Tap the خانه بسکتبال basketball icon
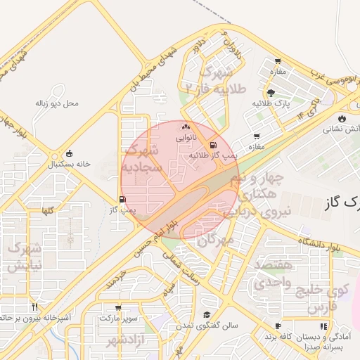[x=69, y=153]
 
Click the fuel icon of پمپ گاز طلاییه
[x=213, y=146]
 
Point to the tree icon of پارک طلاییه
[x=271, y=93]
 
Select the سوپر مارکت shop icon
[x=118, y=307]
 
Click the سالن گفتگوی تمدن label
[x=207, y=326]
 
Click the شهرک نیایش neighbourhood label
[x=25, y=257]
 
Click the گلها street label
[x=48, y=210]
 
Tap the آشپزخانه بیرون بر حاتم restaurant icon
[x=34, y=307]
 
